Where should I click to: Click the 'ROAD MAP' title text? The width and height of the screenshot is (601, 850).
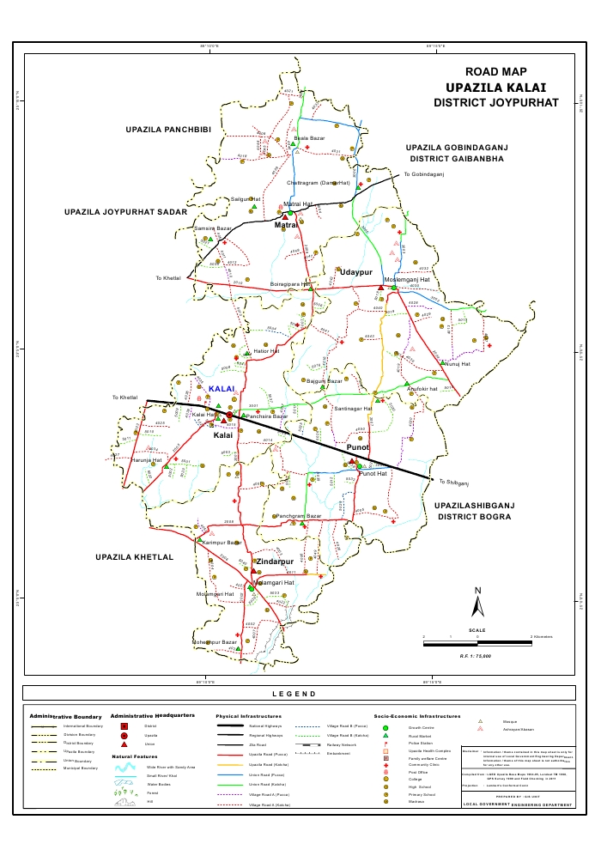(x=495, y=73)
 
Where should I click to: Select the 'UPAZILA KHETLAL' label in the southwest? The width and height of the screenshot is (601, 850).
(x=135, y=557)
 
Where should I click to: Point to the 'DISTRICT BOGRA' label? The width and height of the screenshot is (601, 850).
(x=475, y=518)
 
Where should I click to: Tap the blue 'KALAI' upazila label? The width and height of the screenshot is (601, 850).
(x=222, y=389)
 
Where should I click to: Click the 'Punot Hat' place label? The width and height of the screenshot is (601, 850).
(x=374, y=474)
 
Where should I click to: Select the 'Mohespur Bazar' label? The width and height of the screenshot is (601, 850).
(x=214, y=641)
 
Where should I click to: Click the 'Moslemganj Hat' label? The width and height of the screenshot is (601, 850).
(x=406, y=281)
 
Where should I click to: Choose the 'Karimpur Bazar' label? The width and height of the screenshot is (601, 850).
(x=221, y=543)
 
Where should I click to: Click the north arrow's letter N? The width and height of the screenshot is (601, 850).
(x=478, y=590)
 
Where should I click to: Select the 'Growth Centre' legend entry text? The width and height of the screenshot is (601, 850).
(x=409, y=728)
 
